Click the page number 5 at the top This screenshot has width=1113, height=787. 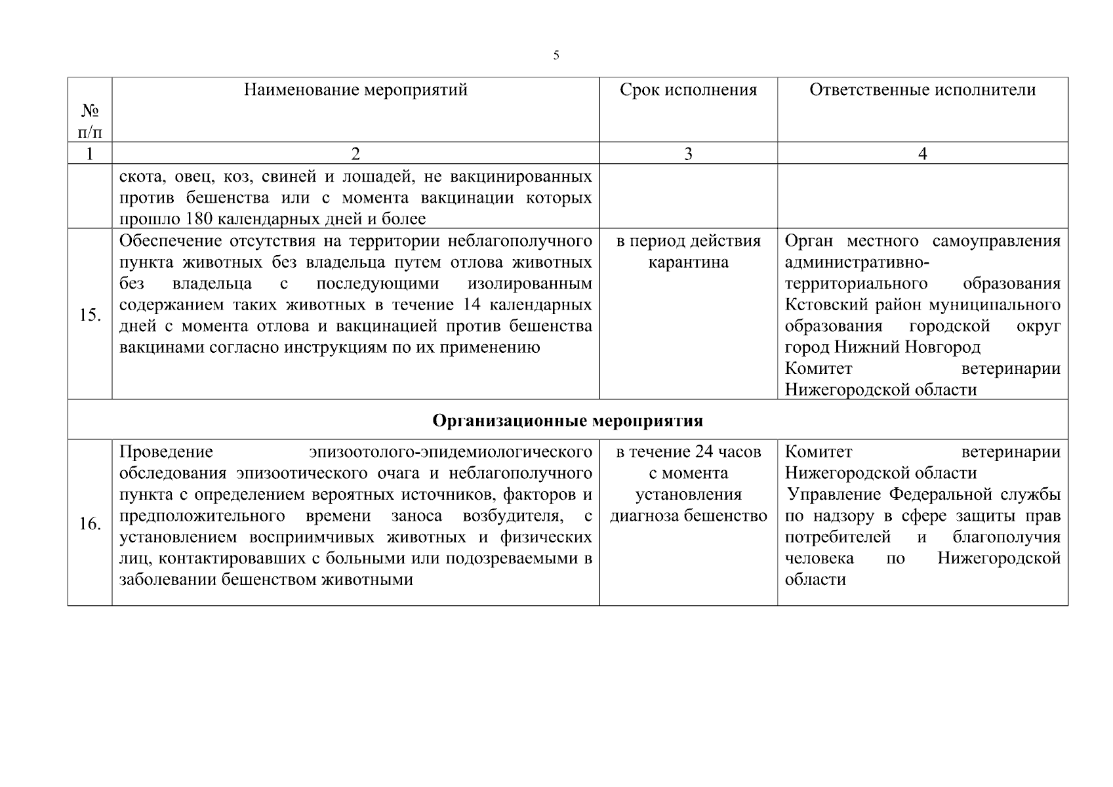[x=556, y=56]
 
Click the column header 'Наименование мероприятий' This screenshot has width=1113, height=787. [x=355, y=90]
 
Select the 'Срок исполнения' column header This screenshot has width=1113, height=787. [x=688, y=90]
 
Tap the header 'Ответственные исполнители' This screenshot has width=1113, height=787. [x=922, y=90]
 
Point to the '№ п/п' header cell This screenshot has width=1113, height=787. [x=90, y=122]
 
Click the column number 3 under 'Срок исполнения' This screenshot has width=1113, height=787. [x=688, y=153]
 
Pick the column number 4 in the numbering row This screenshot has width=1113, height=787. [x=922, y=153]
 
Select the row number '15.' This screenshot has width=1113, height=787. [x=90, y=315]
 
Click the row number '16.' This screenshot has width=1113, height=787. [x=90, y=524]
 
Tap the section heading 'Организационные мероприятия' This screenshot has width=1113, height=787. [x=567, y=420]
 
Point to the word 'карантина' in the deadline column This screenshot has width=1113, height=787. [x=688, y=262]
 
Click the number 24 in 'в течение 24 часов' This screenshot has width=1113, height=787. [x=693, y=452]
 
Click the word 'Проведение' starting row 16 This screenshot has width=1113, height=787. [x=167, y=452]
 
